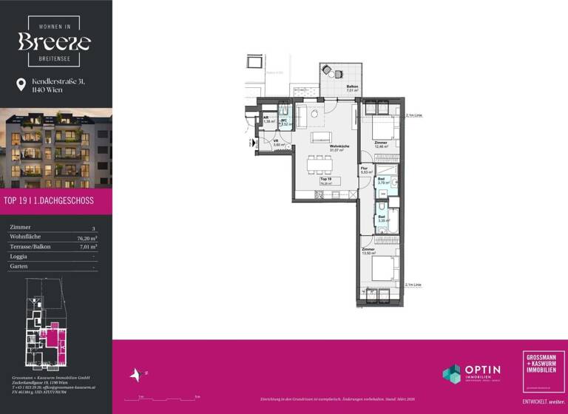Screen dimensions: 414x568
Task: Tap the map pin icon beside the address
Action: coord(21,85)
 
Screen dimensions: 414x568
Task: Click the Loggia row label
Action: coord(20,256)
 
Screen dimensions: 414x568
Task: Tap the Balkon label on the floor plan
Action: coord(353,87)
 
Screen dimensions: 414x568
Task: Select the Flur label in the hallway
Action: coord(365,169)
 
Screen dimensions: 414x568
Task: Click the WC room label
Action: coord(283,120)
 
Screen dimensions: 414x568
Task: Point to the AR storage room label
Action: coord(266,118)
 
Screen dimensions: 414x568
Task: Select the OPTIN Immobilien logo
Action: coord(471,373)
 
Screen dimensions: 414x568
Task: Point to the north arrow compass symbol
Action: coord(135,376)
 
